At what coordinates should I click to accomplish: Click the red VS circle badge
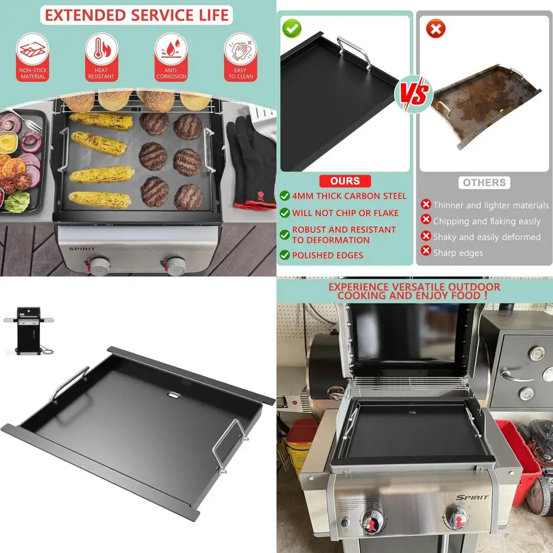point(414,95)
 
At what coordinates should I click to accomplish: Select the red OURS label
point(345,181)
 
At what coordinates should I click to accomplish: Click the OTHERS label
point(484,182)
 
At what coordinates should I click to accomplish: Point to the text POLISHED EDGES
point(327,255)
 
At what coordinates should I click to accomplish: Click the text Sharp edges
point(458,253)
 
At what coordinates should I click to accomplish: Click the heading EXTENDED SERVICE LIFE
point(137,15)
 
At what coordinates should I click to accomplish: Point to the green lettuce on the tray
point(17,200)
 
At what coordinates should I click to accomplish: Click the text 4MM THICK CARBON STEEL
point(349,196)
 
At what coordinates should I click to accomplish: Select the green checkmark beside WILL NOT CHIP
point(284,213)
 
